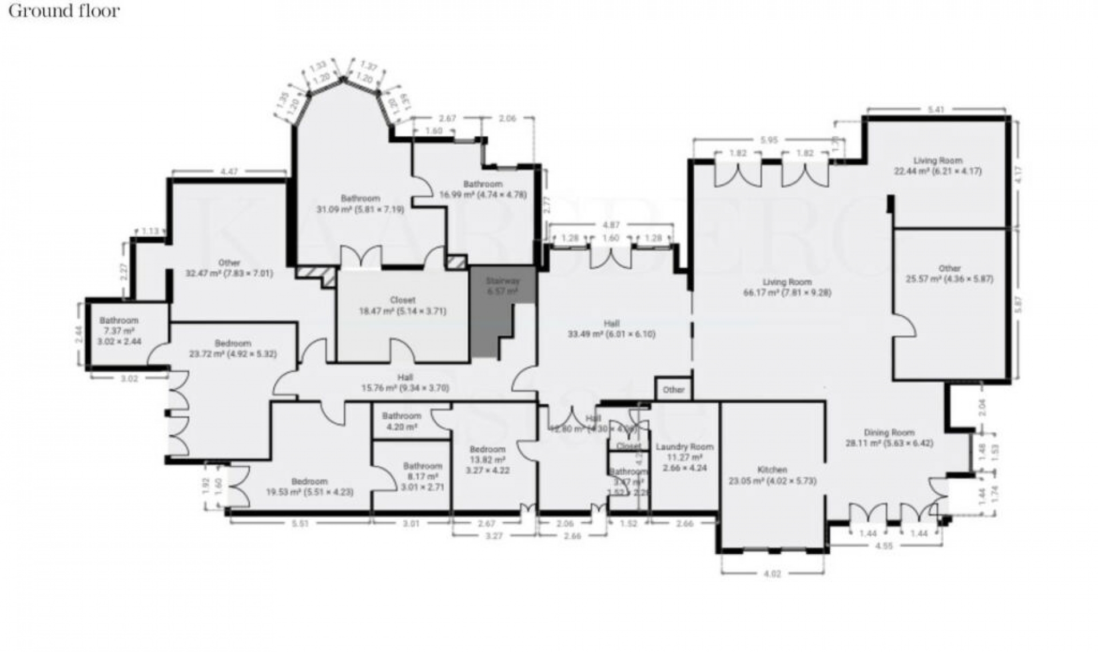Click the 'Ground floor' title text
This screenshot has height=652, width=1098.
[x=64, y=11]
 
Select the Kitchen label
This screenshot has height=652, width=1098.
[x=772, y=475]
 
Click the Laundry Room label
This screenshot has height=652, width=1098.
[x=685, y=457]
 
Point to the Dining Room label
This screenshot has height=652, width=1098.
[x=889, y=438]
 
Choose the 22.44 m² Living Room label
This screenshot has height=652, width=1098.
[x=937, y=165]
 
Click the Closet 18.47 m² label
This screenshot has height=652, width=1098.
[x=402, y=305]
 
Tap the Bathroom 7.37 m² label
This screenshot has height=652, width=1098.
[x=119, y=331]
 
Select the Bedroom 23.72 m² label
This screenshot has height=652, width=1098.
[x=233, y=348]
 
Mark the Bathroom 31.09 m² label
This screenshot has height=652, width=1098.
[x=360, y=204]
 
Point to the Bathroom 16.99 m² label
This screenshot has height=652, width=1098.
[x=483, y=189]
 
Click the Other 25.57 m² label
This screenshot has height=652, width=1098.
[x=949, y=273]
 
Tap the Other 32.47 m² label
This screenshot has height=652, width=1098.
[x=229, y=268]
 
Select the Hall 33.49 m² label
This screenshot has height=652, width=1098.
[x=612, y=329]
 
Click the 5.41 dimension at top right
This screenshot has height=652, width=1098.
[x=936, y=110]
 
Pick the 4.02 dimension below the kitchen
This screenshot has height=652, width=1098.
[x=772, y=574]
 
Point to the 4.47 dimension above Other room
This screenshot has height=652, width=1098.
[x=229, y=170]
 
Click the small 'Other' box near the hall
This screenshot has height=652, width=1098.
[x=674, y=389]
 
